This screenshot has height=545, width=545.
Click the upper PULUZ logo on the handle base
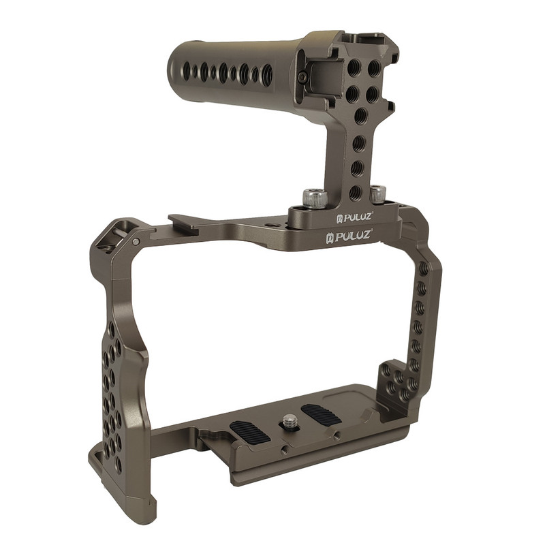click(354, 217)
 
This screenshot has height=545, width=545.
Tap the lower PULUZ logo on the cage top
click(348, 236)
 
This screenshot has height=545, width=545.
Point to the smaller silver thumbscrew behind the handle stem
click(378, 194)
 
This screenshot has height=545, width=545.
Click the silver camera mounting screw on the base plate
click(288, 420)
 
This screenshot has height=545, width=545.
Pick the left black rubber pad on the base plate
click(249, 433)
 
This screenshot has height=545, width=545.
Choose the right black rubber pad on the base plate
click(322, 414)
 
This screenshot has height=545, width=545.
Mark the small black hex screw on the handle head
click(304, 78)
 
